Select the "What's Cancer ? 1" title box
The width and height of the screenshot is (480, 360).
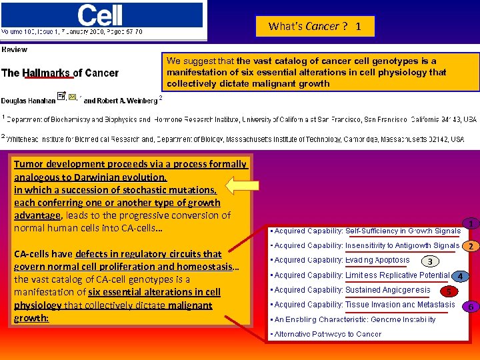click(315, 27)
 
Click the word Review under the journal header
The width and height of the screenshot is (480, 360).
click(15, 50)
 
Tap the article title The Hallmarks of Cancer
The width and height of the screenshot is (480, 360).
click(60, 73)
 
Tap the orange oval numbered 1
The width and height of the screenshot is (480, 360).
click(471, 224)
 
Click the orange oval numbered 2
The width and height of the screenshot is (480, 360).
click(471, 247)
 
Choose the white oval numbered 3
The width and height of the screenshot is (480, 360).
click(430, 261)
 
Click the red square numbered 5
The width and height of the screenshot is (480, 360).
click(449, 291)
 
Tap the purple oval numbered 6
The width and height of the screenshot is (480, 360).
click(471, 307)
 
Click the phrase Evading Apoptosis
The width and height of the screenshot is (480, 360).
click(377, 261)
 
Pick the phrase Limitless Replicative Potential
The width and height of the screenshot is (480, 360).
click(397, 275)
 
